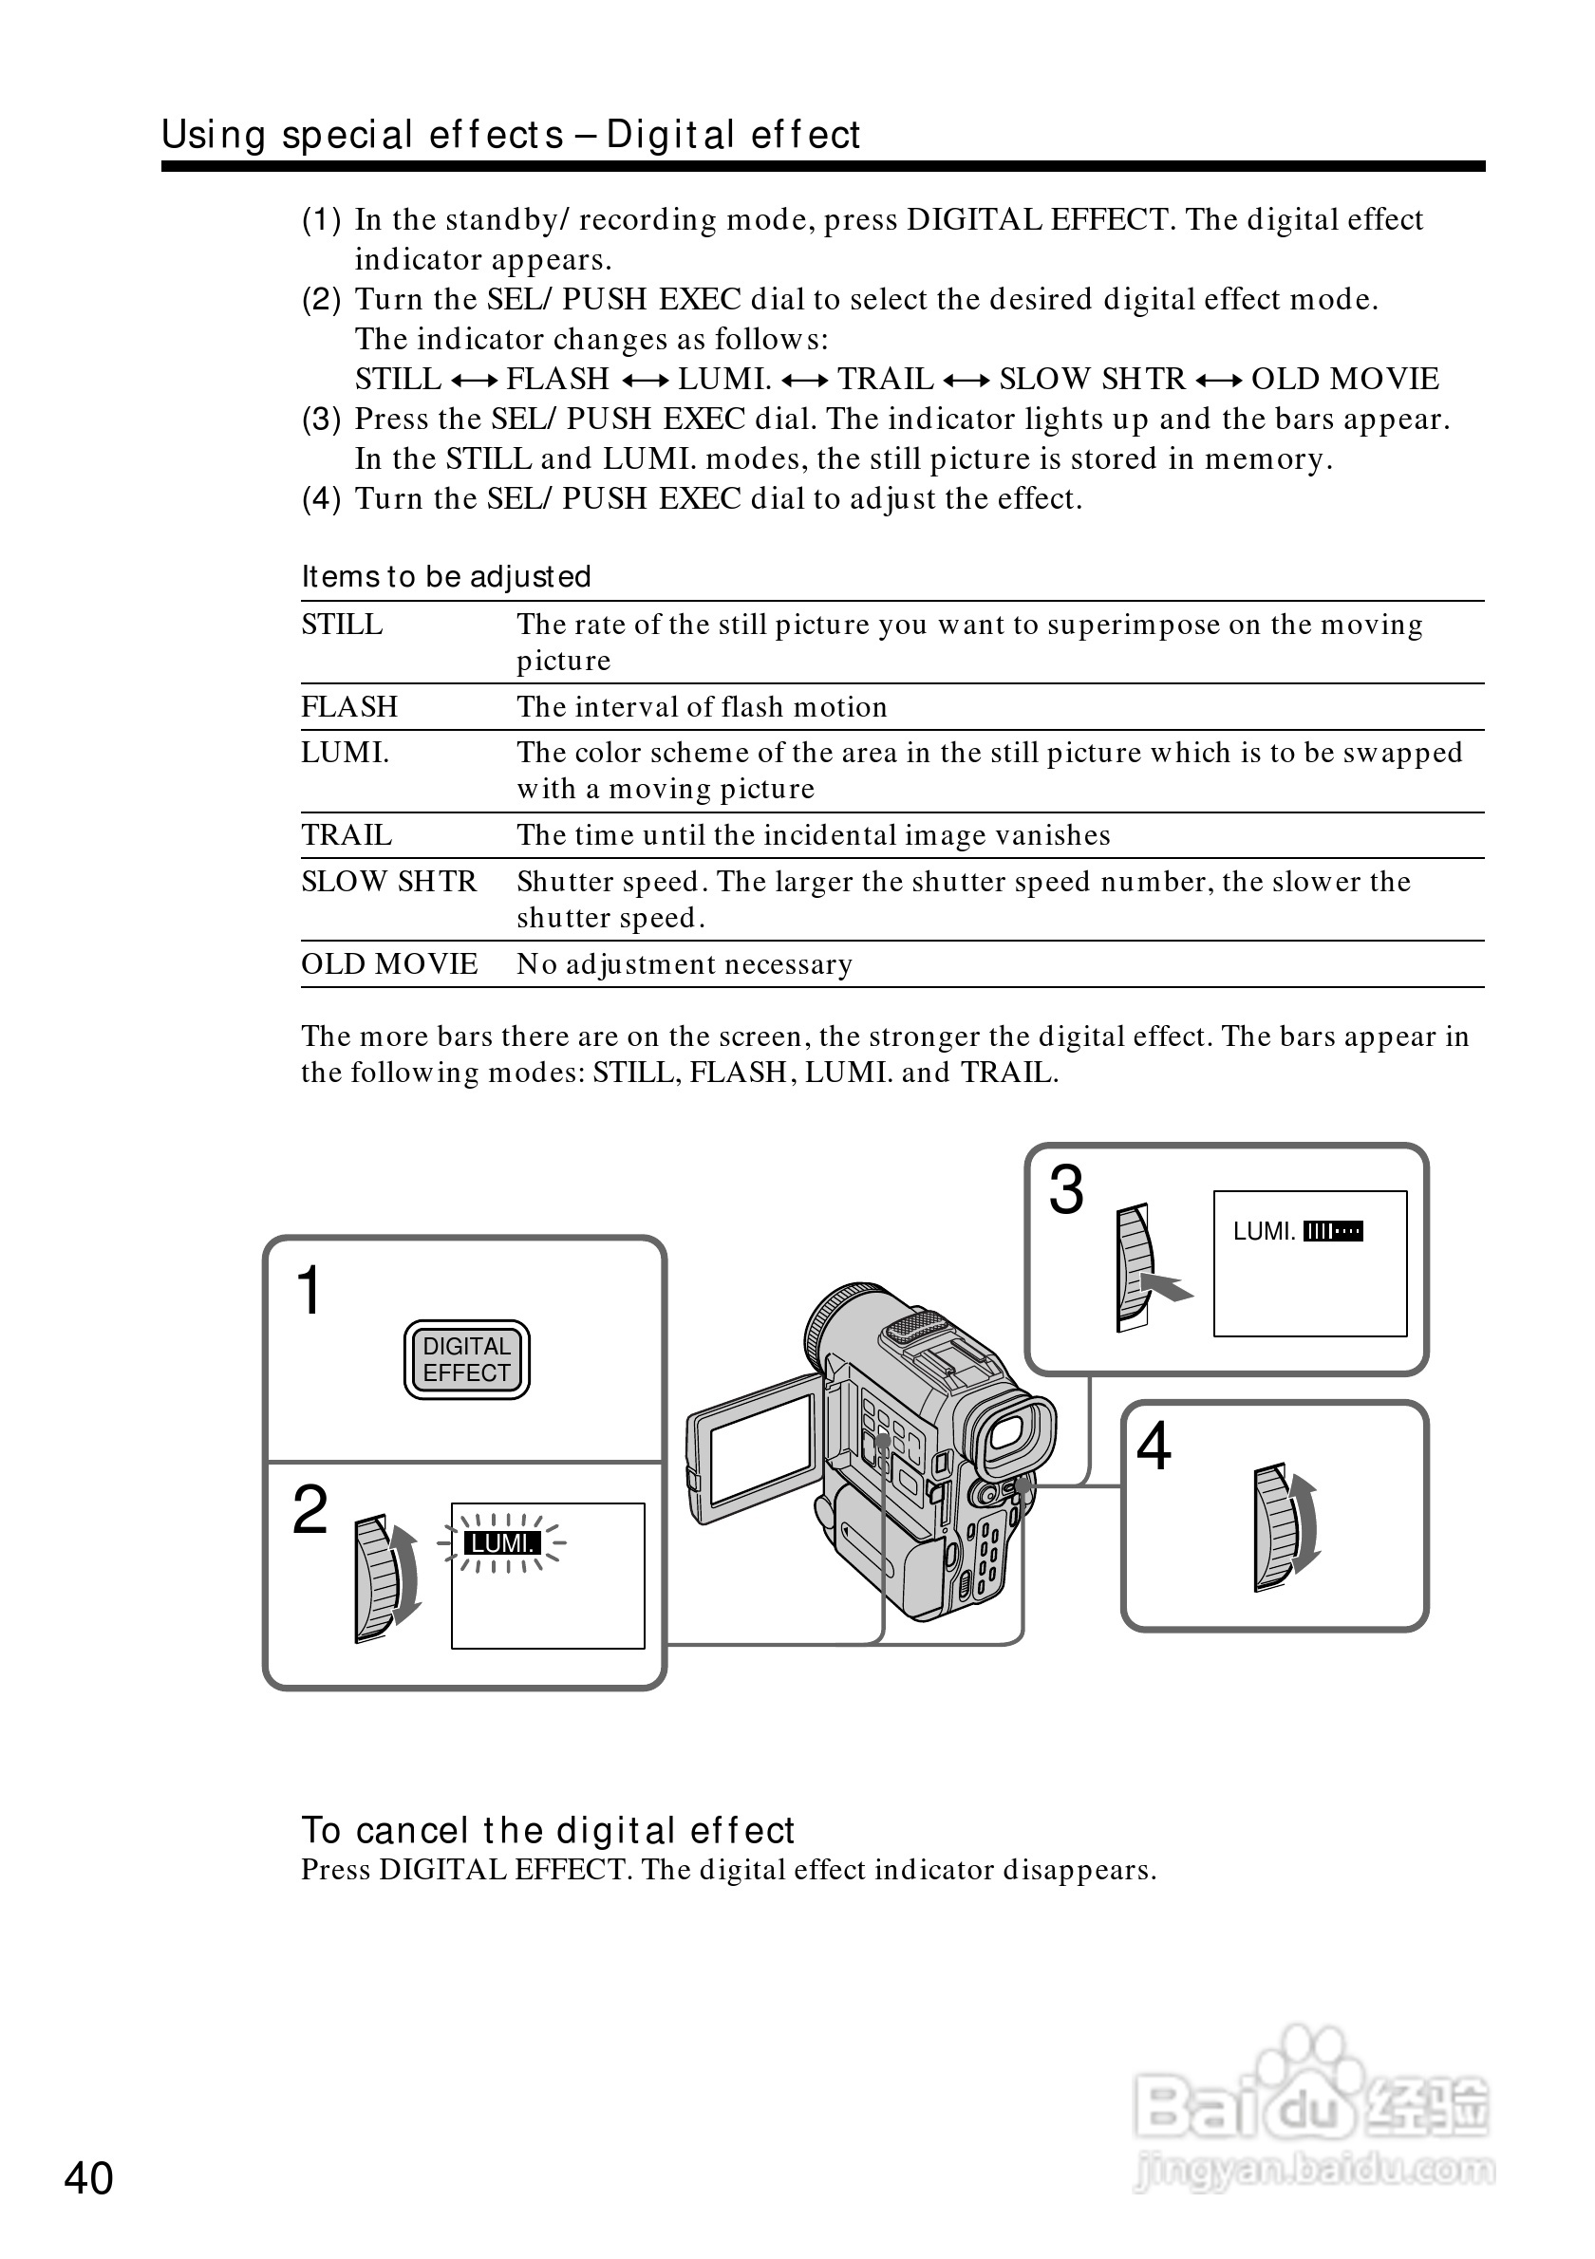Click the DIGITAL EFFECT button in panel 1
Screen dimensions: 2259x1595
pos(466,1360)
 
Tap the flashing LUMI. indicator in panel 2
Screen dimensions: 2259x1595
pos(502,1542)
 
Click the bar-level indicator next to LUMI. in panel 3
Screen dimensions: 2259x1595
pos(1332,1231)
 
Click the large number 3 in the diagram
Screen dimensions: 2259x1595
pos(1065,1190)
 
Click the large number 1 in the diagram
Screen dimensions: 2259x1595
pos(309,1290)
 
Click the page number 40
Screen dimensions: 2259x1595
pos(88,2178)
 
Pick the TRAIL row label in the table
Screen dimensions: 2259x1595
pos(347,835)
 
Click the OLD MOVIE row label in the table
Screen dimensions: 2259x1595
pos(389,963)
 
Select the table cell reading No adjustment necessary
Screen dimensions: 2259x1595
pos(685,964)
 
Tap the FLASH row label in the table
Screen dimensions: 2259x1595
pos(349,706)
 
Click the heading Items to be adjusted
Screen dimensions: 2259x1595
pos(445,576)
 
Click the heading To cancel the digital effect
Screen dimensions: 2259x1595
pos(547,1830)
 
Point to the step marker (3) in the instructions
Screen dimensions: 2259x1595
pos(321,420)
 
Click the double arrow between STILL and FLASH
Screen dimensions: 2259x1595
pos(475,380)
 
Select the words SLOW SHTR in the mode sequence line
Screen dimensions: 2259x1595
pos(1092,379)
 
